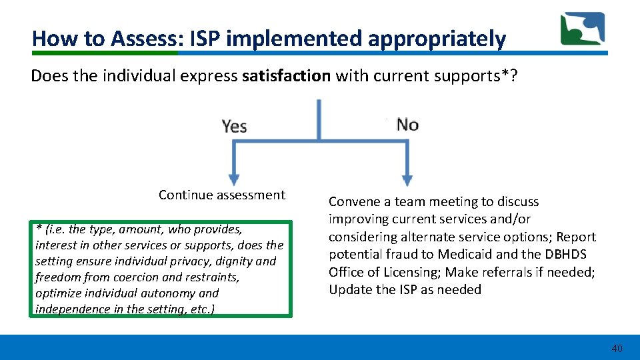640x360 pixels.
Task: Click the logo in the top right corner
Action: click(582, 29)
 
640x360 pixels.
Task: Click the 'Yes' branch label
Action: click(235, 126)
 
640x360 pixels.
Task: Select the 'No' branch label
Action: click(407, 125)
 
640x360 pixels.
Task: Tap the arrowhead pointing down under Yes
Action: click(234, 179)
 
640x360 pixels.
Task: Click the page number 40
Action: click(617, 348)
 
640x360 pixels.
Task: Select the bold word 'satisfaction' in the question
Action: click(286, 75)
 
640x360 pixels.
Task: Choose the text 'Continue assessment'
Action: click(221, 195)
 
